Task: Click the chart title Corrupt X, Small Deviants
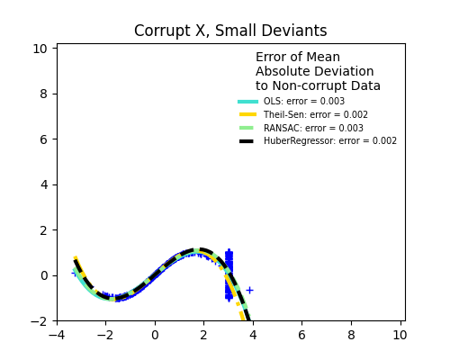(x=230, y=31)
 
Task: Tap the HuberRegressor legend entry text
(x=329, y=141)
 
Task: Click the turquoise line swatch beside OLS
(x=247, y=102)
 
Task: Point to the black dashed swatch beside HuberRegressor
(x=247, y=141)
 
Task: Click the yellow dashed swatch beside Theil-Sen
(x=247, y=115)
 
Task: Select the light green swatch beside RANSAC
(x=247, y=129)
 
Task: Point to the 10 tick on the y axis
(x=40, y=49)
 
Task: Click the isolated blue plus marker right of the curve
(x=249, y=290)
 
